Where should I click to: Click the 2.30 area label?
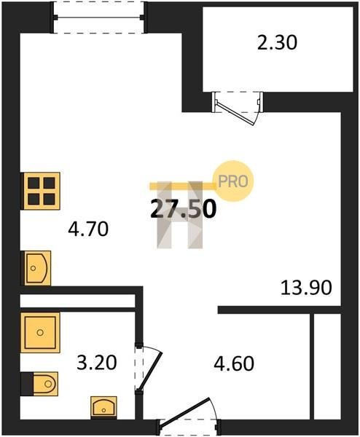277,43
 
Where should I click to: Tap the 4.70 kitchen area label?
88,229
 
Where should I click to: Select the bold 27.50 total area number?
183,209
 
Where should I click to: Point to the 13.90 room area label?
306,288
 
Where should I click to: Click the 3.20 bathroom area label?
96,363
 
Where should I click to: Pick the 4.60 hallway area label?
234,363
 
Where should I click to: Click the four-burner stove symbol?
41,191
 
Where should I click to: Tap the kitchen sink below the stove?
36,268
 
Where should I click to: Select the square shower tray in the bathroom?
40,333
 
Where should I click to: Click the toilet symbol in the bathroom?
39,384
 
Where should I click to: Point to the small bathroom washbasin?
103,408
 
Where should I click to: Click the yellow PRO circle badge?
233,181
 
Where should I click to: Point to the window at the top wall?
99,17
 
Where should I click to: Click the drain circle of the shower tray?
40,333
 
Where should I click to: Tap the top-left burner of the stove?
34,183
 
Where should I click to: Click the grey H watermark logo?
180,215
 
